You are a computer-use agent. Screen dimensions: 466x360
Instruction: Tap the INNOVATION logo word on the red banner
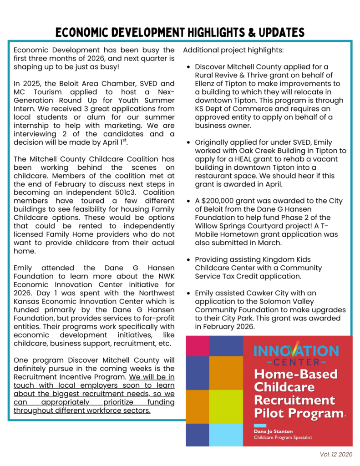click(x=296, y=350)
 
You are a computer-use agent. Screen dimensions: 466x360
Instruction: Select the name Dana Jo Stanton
click(x=274, y=431)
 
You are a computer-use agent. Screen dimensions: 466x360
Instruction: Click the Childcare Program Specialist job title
click(x=283, y=438)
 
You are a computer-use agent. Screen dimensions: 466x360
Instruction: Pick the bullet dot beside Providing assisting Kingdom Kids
click(x=189, y=259)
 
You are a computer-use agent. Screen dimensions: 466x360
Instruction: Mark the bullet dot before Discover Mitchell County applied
click(x=189, y=67)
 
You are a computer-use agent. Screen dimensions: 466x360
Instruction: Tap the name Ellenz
click(x=207, y=84)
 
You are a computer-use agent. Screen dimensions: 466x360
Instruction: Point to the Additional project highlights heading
click(x=233, y=50)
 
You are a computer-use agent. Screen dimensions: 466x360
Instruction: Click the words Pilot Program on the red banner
click(x=298, y=414)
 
